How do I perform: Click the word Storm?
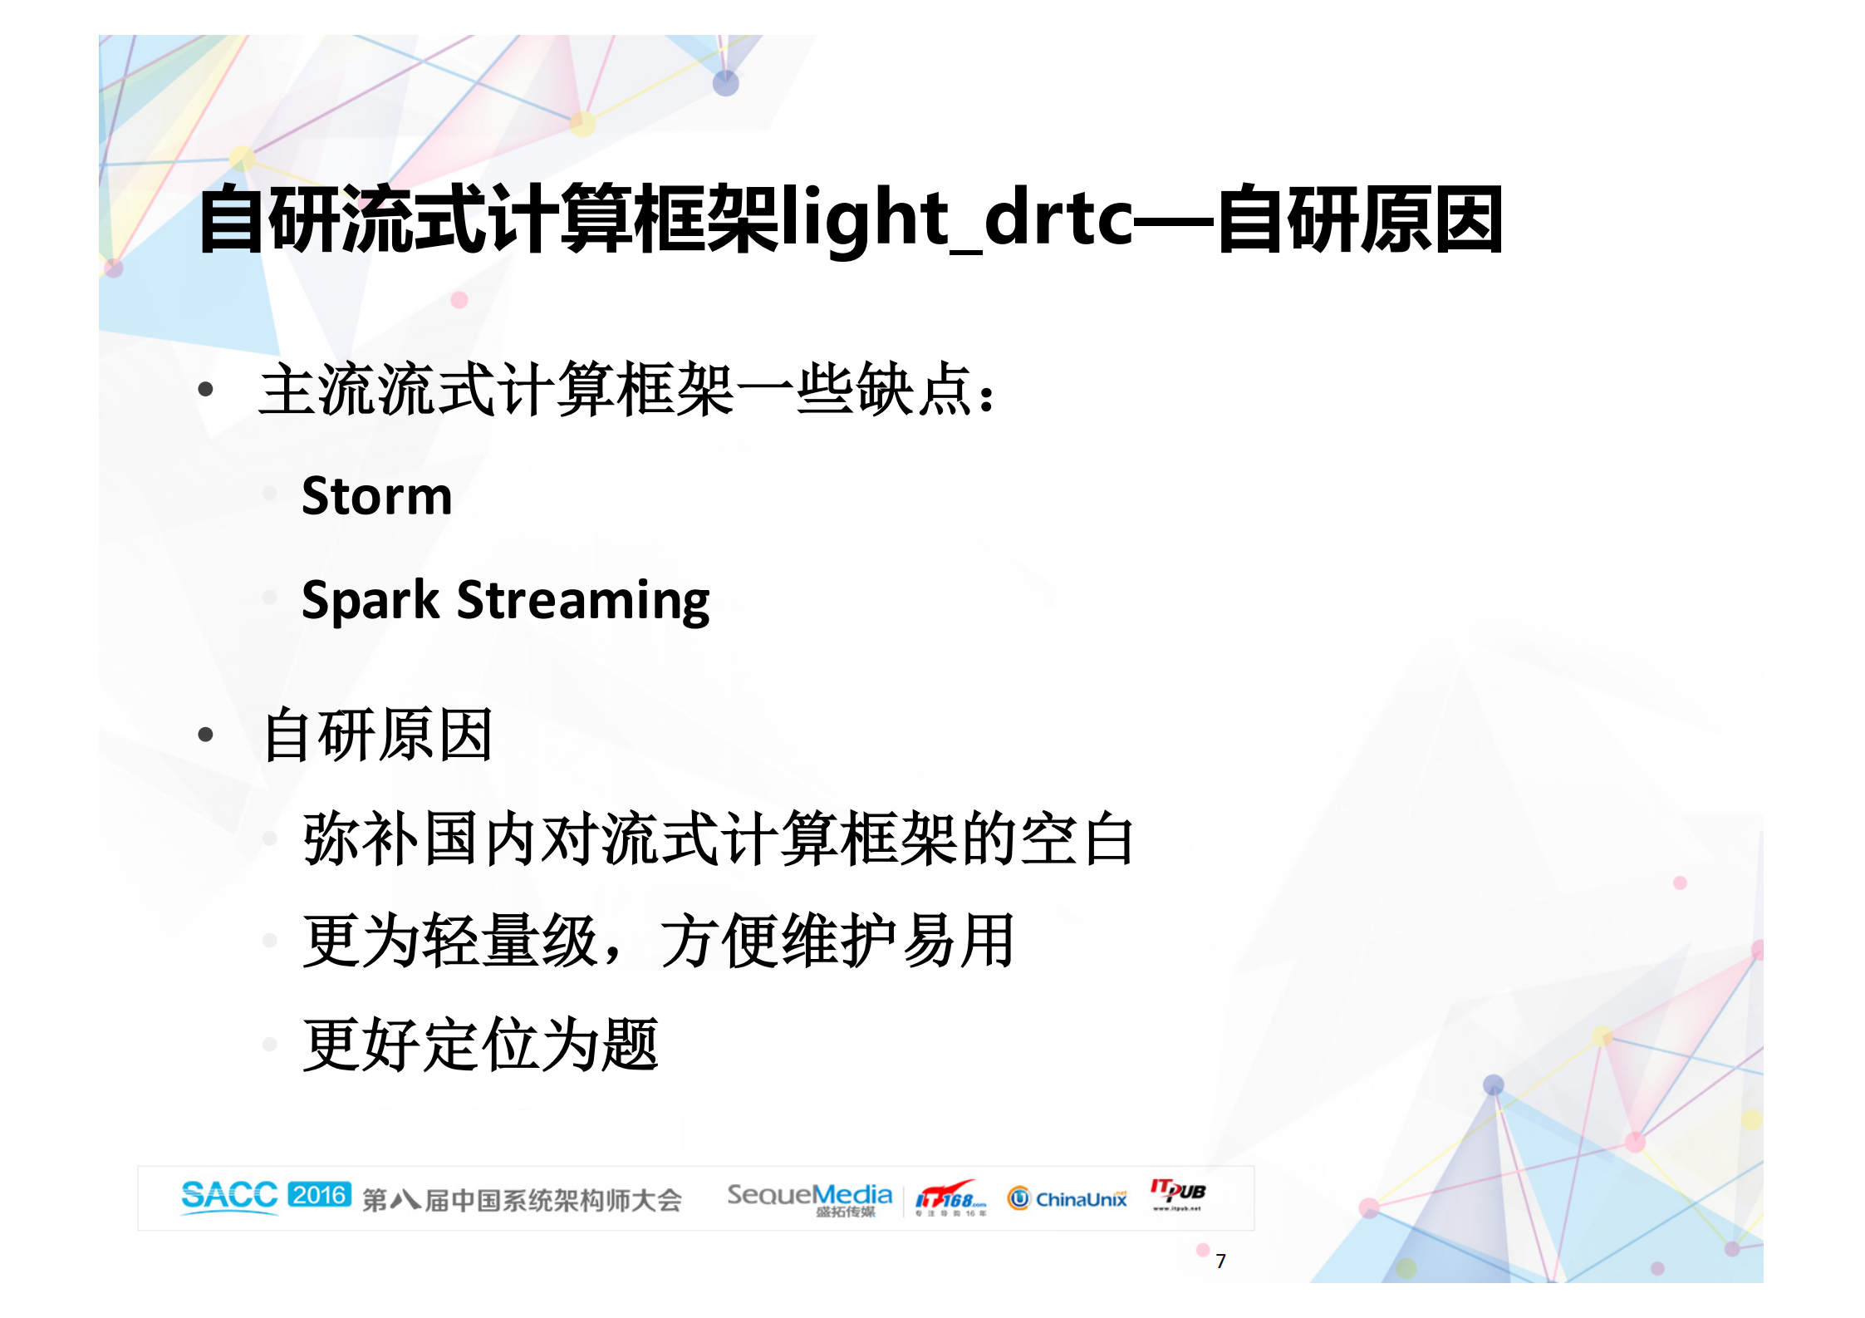(376, 496)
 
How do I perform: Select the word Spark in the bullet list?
(370, 600)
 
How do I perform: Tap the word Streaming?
(583, 600)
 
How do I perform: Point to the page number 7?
(1220, 1261)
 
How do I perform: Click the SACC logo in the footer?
(229, 1196)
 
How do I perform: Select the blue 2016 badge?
(320, 1195)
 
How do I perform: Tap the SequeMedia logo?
(809, 1198)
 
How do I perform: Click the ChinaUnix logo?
(1067, 1198)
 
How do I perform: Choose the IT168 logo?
(950, 1198)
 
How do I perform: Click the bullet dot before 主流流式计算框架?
(206, 389)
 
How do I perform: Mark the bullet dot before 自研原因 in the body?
(206, 735)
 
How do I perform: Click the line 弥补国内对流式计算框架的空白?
(718, 839)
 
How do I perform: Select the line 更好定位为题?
(480, 1045)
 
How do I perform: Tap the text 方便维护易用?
(837, 942)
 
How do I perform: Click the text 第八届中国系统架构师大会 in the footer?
(522, 1200)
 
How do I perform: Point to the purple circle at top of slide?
(726, 83)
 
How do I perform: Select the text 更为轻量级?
(450, 942)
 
